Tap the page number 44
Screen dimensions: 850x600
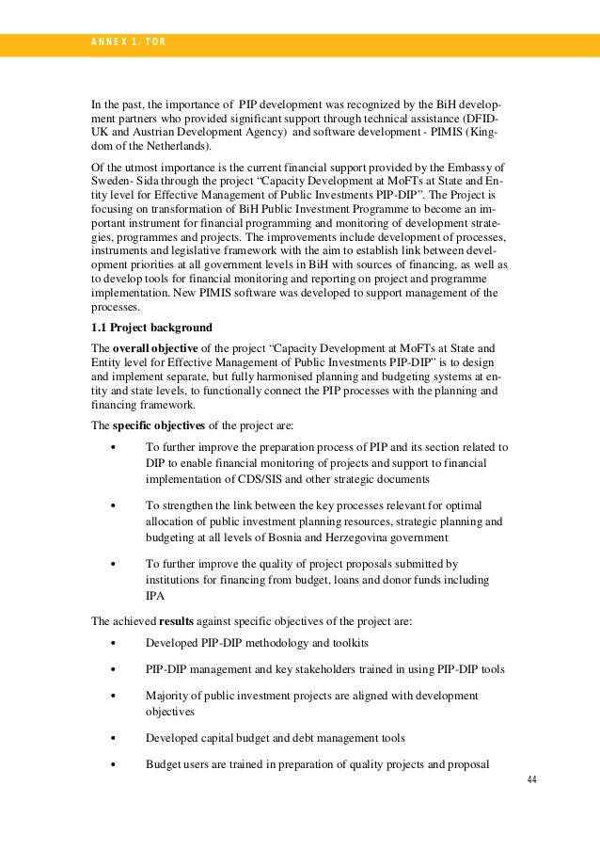[x=531, y=780]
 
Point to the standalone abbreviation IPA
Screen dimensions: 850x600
[x=155, y=596]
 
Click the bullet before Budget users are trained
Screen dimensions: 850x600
[x=113, y=763]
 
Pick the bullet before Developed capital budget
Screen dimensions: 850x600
[x=113, y=737]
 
